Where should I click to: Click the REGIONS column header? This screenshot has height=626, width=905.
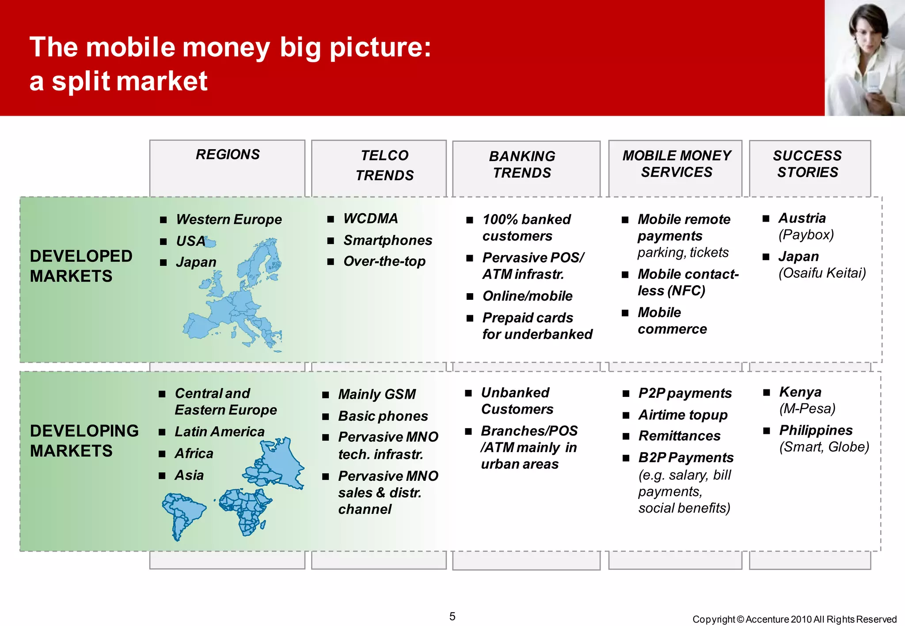pyautogui.click(x=228, y=155)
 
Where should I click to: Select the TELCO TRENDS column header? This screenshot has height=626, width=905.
pyautogui.click(x=384, y=165)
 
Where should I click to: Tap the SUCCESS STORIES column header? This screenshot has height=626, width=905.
pyautogui.click(x=807, y=164)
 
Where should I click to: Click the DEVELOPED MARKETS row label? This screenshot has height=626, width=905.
pyautogui.click(x=81, y=266)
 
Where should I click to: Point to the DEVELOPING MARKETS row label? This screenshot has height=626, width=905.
pyautogui.click(x=84, y=441)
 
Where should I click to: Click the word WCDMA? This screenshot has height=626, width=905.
pyautogui.click(x=370, y=219)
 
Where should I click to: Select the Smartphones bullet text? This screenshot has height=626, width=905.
pyautogui.click(x=388, y=240)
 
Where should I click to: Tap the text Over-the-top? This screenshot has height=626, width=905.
pyautogui.click(x=384, y=261)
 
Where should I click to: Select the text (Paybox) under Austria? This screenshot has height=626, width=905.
pyautogui.click(x=806, y=234)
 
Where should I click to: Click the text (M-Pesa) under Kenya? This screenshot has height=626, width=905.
pyautogui.click(x=807, y=408)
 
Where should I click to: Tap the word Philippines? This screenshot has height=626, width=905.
pyautogui.click(x=816, y=430)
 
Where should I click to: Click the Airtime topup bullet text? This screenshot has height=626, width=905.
pyautogui.click(x=683, y=415)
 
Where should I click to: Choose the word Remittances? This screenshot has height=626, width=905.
pyautogui.click(x=679, y=436)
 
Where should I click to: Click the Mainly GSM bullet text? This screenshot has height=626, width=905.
pyautogui.click(x=376, y=394)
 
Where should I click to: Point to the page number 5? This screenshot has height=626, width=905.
pyautogui.click(x=452, y=616)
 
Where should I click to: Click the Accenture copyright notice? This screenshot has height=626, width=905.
pyautogui.click(x=794, y=619)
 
